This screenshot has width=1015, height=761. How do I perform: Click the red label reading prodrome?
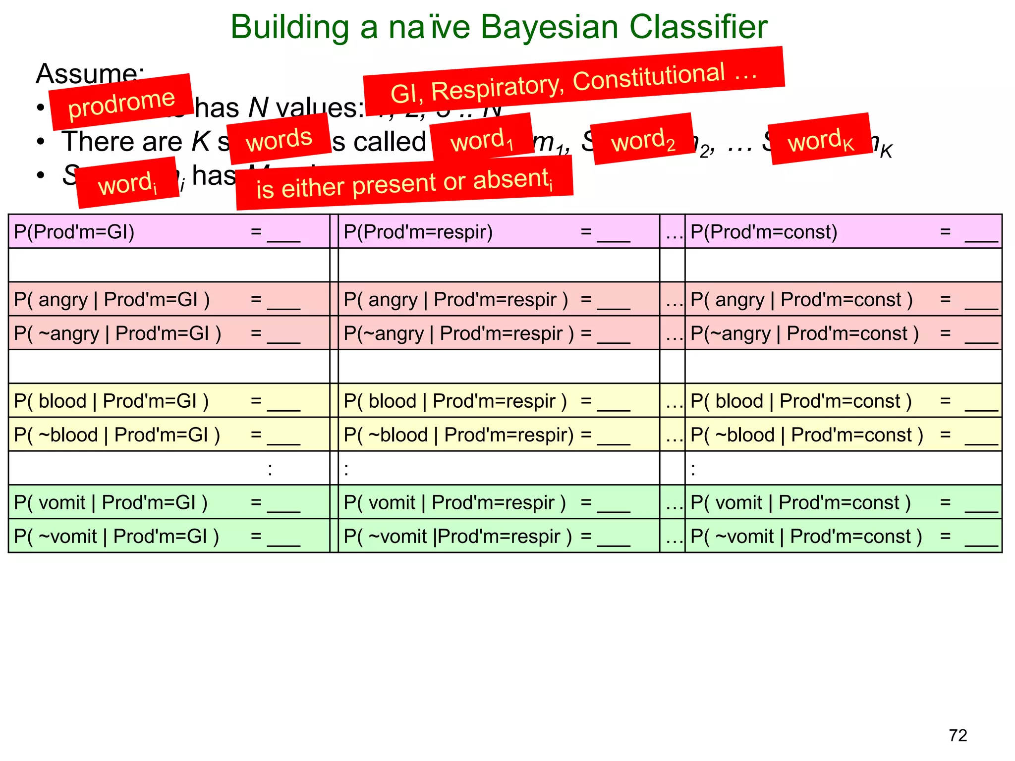click(121, 102)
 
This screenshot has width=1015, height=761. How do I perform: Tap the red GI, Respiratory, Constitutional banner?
click(573, 81)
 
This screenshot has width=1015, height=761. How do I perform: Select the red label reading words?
click(280, 139)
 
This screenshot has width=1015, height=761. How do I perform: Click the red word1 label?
click(482, 139)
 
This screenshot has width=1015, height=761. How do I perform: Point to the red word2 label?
click(642, 139)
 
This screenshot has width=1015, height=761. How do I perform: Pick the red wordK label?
click(821, 139)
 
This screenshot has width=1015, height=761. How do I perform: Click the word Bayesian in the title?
click(549, 27)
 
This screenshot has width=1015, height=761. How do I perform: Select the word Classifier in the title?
click(698, 27)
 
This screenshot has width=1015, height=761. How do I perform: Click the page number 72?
click(958, 735)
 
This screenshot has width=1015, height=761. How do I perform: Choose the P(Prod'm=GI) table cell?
click(169, 231)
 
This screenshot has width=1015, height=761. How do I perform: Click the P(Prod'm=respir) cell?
click(499, 231)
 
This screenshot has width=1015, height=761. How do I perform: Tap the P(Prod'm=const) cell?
click(843, 231)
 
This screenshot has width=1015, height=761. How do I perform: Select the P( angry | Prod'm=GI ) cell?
click(169, 299)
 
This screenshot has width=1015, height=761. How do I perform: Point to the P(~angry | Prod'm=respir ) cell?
click(499, 333)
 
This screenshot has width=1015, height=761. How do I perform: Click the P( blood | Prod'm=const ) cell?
click(843, 401)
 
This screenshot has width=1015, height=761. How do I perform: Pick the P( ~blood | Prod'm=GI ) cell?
click(169, 435)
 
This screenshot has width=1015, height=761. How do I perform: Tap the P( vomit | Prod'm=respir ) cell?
click(499, 502)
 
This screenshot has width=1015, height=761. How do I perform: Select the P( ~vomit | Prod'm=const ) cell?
click(843, 536)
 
